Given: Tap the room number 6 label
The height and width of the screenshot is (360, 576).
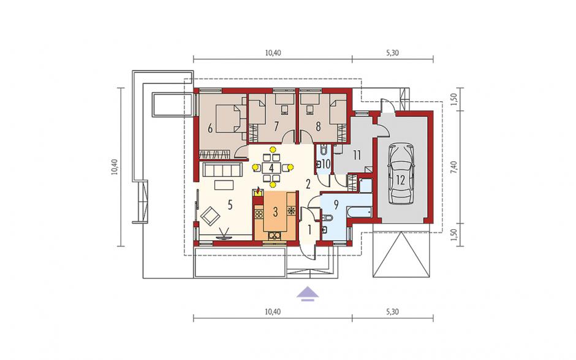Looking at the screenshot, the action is (x=210, y=128).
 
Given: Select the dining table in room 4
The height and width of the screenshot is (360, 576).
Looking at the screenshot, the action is (x=272, y=167).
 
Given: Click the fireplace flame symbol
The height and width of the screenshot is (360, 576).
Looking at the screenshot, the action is (x=258, y=191).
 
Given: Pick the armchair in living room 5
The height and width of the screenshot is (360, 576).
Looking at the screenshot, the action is (x=209, y=215).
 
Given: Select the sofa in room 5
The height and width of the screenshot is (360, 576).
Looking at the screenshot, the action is (x=222, y=170).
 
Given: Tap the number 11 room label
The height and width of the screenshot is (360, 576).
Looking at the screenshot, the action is (x=357, y=155).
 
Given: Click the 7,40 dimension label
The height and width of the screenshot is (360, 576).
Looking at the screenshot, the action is (x=455, y=167).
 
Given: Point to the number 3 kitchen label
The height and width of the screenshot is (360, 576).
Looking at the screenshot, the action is (x=275, y=212).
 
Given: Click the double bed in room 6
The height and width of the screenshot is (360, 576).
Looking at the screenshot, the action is (x=229, y=118).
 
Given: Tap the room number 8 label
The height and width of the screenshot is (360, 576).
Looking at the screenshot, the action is (x=318, y=126).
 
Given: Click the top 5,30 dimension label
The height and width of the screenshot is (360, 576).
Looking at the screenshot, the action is (x=392, y=53).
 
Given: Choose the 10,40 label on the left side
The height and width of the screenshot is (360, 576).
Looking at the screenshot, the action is (x=115, y=167).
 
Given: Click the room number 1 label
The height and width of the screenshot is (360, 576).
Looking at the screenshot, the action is (x=309, y=230).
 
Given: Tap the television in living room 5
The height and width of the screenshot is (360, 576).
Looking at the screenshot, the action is (x=224, y=235).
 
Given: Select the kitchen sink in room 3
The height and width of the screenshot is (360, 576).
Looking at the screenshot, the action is (x=275, y=236).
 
